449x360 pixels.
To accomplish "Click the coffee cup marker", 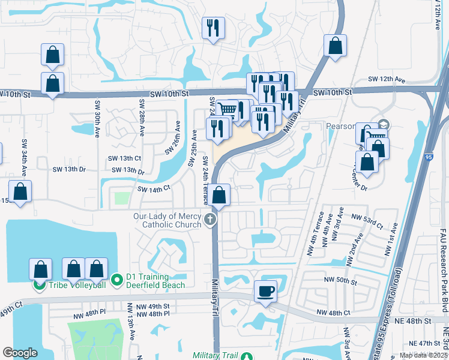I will [265, 292].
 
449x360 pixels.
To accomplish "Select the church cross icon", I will [210, 220].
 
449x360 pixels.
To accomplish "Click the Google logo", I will [20, 352].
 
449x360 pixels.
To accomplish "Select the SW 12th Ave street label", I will [388, 80].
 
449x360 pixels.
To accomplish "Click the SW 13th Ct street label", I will [124, 158].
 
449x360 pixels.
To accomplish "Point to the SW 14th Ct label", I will [154, 189].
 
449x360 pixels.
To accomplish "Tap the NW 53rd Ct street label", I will [366, 220].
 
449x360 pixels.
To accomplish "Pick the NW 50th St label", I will [340, 281].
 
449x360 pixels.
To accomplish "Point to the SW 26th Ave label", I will [178, 136].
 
